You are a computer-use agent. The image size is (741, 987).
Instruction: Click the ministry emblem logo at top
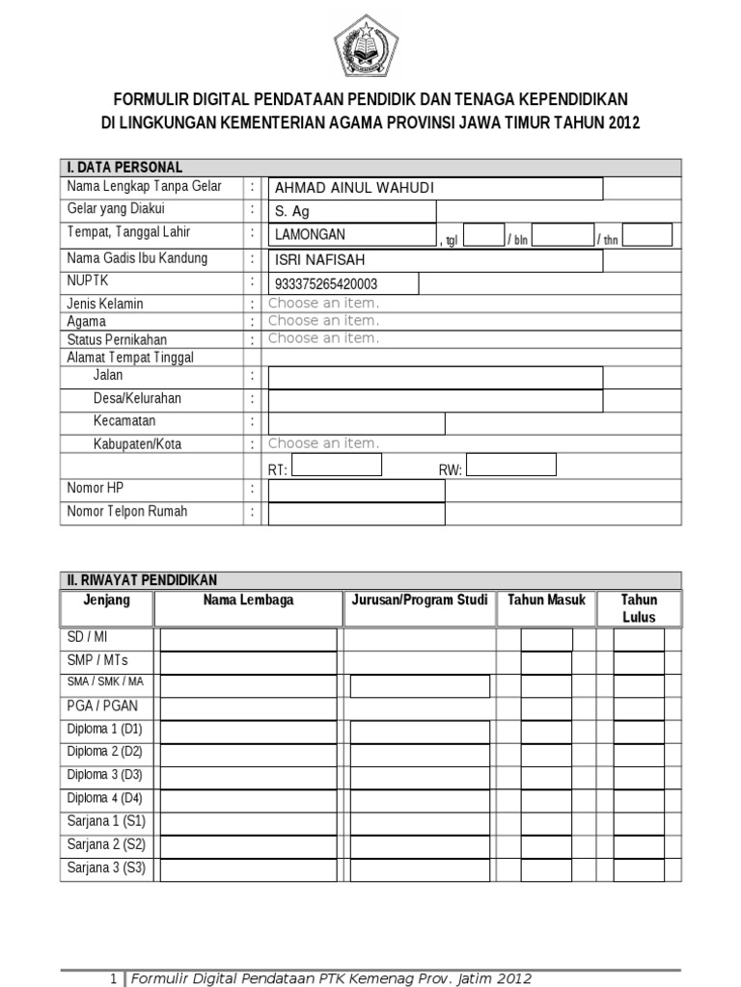point(370,46)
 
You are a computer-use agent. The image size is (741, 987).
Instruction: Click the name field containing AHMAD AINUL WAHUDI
point(436,189)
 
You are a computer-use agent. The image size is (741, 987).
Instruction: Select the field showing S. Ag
point(352,212)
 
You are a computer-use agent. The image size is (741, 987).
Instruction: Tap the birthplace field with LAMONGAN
point(352,235)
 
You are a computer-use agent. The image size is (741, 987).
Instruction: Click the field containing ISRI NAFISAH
point(436,260)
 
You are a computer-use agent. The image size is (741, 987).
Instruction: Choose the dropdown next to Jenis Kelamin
point(323,304)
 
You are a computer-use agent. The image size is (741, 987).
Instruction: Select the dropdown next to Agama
point(323,321)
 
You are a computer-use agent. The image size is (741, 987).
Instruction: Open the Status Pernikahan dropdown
point(323,338)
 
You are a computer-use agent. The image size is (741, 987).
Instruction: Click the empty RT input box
point(336,466)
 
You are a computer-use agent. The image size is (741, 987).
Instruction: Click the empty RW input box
point(510,466)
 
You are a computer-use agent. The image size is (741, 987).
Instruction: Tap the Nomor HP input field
point(356,491)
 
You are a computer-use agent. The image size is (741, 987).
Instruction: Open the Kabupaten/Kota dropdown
point(323,443)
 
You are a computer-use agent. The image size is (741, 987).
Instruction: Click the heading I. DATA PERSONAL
point(124,168)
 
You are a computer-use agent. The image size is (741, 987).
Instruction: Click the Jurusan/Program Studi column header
point(419,600)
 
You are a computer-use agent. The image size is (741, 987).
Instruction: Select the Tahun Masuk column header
point(546,600)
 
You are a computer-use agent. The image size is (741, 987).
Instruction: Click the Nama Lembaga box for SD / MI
point(248,640)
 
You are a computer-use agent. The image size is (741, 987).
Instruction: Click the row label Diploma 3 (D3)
point(104,775)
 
